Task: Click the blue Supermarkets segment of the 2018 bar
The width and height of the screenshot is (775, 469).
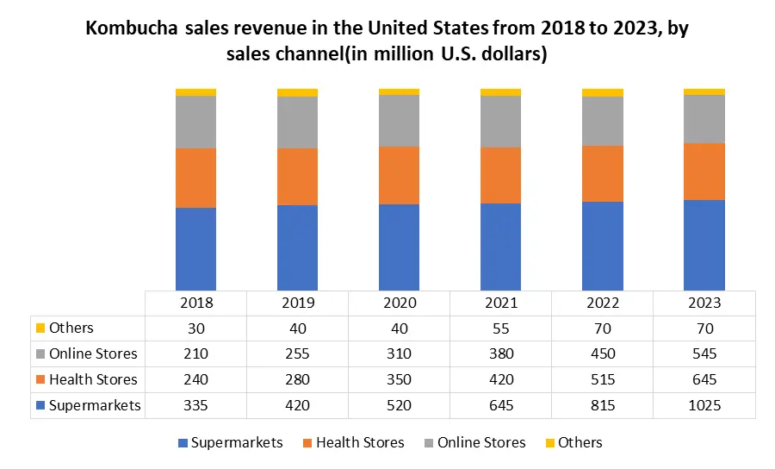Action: (195, 248)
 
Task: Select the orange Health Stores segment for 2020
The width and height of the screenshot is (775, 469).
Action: (399, 175)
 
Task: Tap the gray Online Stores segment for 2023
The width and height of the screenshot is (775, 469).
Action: (704, 119)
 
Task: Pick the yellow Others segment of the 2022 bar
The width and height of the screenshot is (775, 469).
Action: (602, 92)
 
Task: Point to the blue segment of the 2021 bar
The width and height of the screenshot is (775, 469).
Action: (500, 247)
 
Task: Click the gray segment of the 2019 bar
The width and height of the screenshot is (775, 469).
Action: (297, 122)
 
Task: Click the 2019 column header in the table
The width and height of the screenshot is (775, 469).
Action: (297, 303)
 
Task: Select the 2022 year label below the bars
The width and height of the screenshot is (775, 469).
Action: (602, 303)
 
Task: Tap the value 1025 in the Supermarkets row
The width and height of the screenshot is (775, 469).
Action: (704, 405)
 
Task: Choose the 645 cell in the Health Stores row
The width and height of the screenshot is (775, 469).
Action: (704, 379)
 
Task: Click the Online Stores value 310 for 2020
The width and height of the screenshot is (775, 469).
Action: (399, 353)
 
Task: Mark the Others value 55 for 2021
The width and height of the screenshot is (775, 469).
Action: (500, 328)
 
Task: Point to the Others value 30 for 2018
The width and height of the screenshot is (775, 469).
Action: (195, 328)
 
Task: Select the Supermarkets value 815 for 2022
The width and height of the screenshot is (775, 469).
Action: (602, 405)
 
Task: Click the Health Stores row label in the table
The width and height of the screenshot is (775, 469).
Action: (93, 379)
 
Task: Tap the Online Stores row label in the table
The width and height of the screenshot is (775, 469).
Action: (93, 353)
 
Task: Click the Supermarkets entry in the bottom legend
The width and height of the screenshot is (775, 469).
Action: (237, 442)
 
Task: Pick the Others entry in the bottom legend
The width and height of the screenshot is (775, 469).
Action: (580, 442)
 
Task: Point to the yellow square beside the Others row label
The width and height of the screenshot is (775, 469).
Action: (40, 328)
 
